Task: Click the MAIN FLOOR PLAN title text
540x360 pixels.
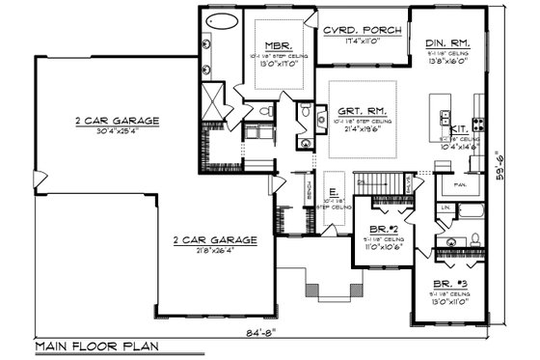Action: (x=96, y=345)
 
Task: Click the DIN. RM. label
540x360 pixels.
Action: (x=447, y=42)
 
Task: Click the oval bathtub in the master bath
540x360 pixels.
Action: (x=223, y=23)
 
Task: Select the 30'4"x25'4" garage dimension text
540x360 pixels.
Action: (x=120, y=131)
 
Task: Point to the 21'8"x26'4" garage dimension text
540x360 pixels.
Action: (x=215, y=249)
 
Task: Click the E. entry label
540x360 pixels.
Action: (x=333, y=190)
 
